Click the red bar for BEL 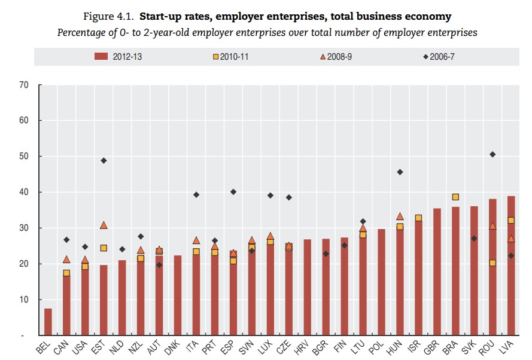(48, 322)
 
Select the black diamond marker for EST (104, 160)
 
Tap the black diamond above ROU (493, 154)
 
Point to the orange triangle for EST (104, 225)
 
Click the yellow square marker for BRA (455, 197)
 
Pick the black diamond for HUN (400, 172)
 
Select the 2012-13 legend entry (122, 57)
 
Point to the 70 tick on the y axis (24, 85)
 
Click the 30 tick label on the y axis (24, 228)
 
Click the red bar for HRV (308, 287)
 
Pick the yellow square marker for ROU (493, 263)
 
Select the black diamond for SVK (474, 239)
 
